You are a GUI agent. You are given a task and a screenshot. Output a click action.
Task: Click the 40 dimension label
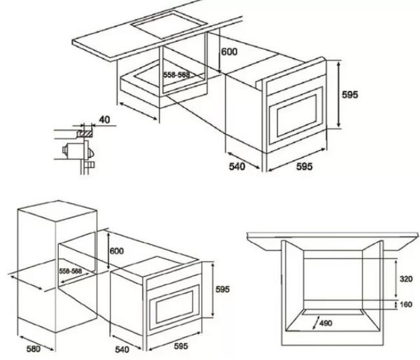coord(105,120)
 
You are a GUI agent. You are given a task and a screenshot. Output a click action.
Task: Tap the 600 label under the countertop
coord(229,52)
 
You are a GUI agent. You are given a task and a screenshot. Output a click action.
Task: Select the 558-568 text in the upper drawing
coord(176,75)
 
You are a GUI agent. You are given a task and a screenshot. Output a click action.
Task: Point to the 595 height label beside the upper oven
coord(350,94)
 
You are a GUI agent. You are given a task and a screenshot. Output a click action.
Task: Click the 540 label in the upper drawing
coord(237,167)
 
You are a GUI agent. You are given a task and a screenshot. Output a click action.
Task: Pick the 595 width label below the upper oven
coord(304,167)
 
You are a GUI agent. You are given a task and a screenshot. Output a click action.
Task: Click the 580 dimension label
coord(34,349)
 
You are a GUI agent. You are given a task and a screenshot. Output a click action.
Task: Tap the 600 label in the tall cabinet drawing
coord(117,251)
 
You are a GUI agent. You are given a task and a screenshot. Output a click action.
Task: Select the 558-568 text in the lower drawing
coord(70,271)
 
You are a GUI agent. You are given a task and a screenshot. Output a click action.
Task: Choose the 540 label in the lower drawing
coord(122,349)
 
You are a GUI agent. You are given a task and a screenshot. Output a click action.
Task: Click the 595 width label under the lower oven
coord(181,346)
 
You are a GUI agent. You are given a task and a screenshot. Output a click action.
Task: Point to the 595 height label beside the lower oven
coord(222,290)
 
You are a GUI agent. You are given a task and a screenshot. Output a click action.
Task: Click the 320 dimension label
coord(406,279)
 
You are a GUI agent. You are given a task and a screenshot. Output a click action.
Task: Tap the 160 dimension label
coord(406,304)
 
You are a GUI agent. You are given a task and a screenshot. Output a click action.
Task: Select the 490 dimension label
coord(326,323)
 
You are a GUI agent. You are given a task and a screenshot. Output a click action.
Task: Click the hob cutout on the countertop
coord(169,23)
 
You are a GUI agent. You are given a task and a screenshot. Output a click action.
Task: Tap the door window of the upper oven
coord(297,116)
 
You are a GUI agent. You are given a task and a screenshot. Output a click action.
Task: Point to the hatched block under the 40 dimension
coord(85,133)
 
